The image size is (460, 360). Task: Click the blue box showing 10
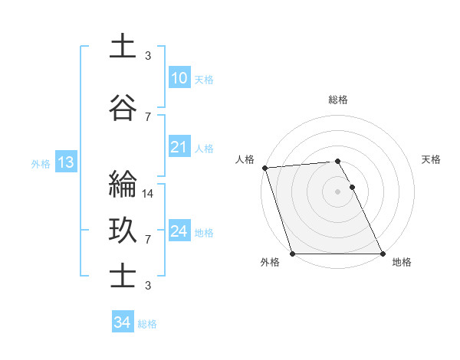(x=179, y=78)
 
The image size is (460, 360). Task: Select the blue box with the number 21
(x=179, y=147)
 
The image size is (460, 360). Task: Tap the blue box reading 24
(x=179, y=231)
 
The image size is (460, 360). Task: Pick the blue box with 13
(x=64, y=162)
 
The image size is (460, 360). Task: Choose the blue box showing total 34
(x=122, y=322)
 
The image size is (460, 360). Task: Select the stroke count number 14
(x=149, y=194)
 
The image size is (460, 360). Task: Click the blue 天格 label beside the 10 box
(x=203, y=80)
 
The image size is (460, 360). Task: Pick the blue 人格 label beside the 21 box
(x=203, y=149)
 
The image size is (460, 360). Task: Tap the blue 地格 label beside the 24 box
(x=203, y=233)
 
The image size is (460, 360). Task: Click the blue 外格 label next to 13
(x=41, y=163)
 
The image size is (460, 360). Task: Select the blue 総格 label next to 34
(x=147, y=324)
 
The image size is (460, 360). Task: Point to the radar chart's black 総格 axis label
(x=337, y=100)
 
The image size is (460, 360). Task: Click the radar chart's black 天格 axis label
(x=431, y=159)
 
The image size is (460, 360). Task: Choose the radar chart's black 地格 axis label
(x=402, y=262)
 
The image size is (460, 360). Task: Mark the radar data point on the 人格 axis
(x=264, y=168)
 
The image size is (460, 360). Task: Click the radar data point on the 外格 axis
(x=292, y=254)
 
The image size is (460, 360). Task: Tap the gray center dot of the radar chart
(x=337, y=191)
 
